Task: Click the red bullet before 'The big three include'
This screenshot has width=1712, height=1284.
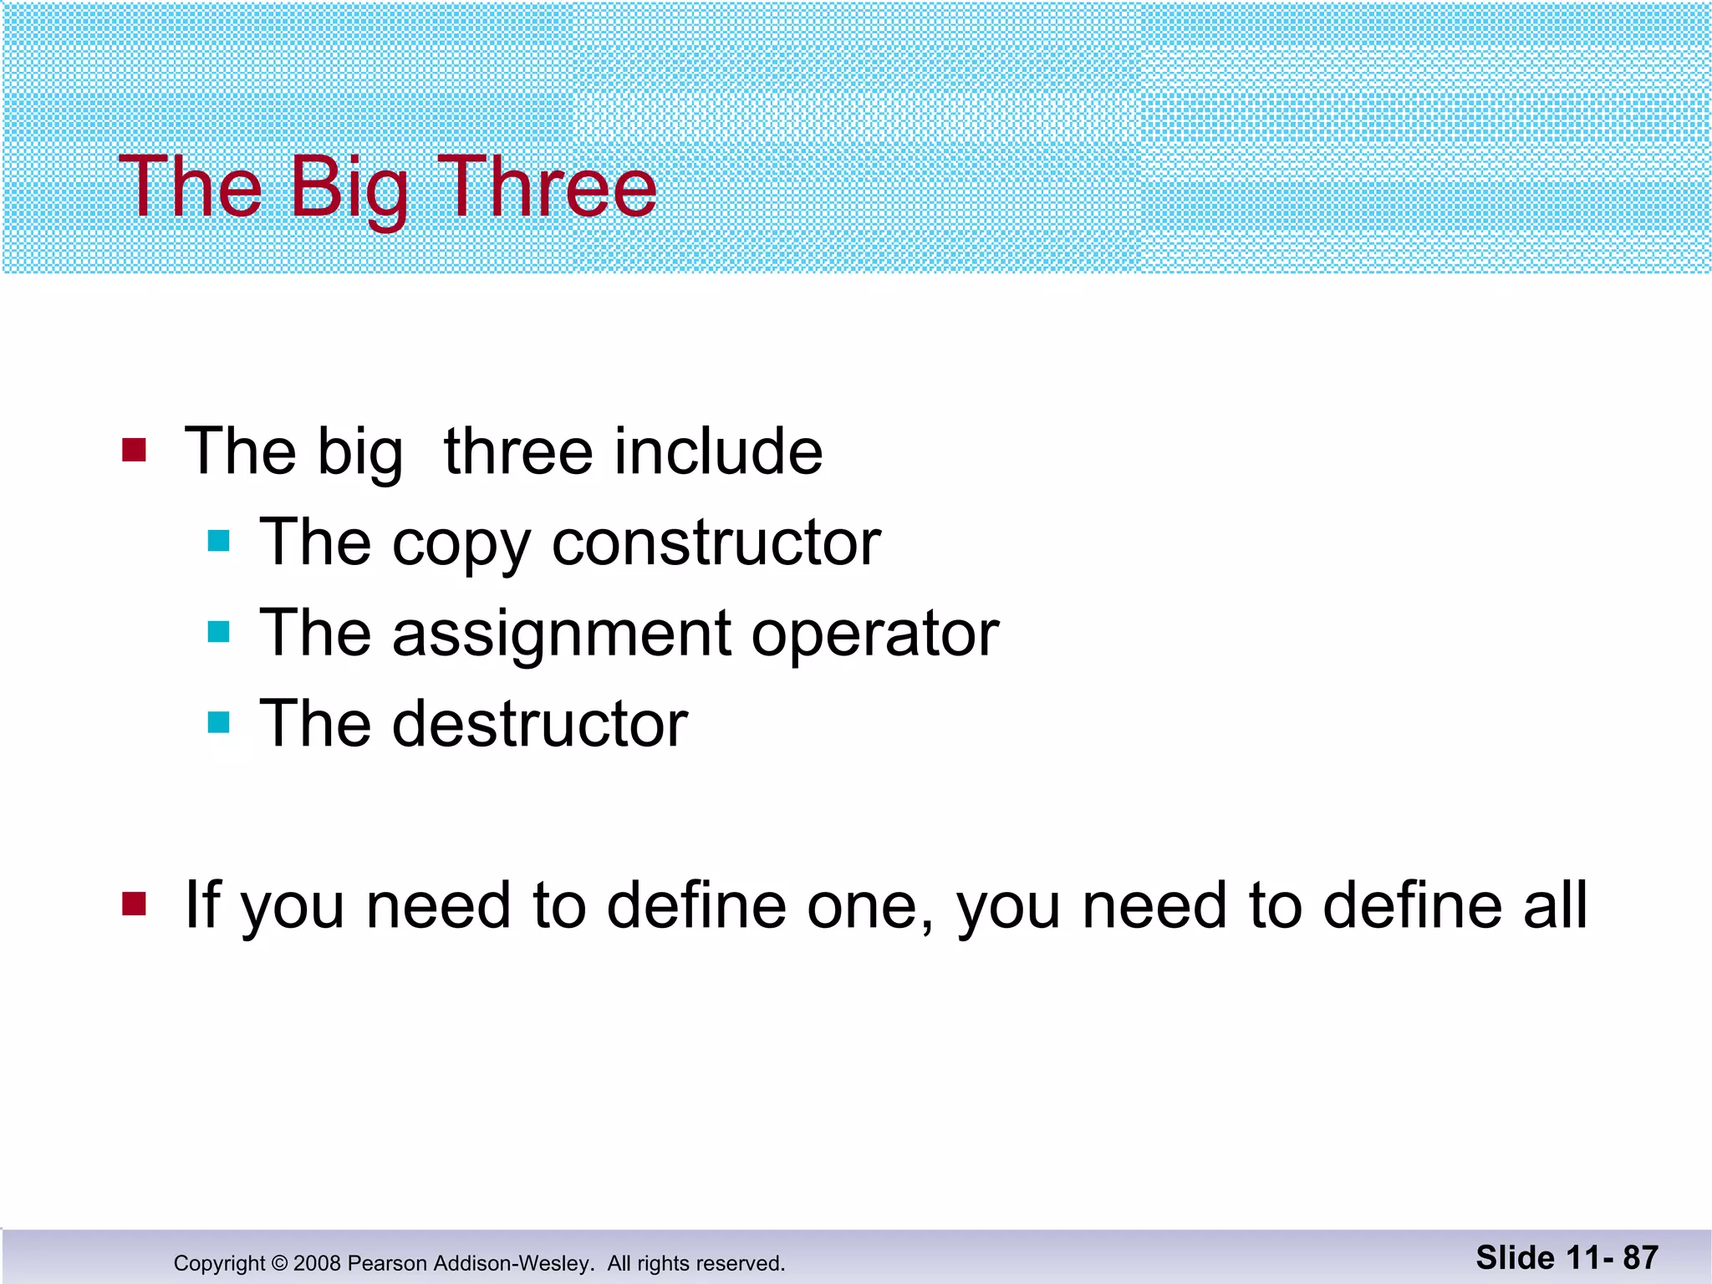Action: [134, 450]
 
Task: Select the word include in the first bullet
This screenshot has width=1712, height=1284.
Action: [718, 451]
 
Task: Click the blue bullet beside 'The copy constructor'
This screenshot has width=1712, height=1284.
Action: [218, 541]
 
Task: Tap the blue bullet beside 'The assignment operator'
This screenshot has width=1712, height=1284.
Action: [218, 631]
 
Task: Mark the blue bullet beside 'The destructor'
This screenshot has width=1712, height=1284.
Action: [218, 721]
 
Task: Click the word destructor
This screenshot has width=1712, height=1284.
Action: [540, 724]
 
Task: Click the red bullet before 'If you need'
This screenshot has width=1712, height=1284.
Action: [134, 904]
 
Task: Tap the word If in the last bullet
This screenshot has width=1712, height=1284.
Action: [201, 904]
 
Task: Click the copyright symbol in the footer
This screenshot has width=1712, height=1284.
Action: [279, 1263]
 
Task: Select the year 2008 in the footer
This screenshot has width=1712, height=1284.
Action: [317, 1263]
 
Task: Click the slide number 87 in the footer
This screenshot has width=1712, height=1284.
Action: [1640, 1257]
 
